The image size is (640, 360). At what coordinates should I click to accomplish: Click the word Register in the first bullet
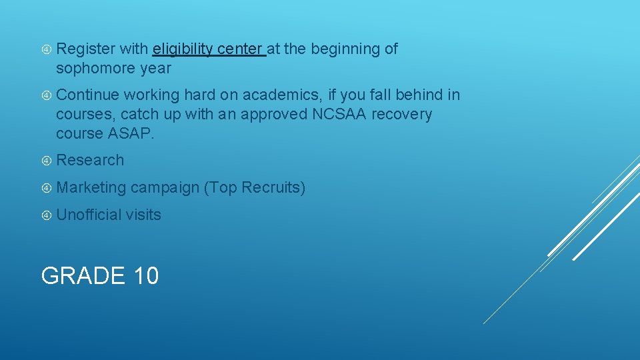(x=85, y=49)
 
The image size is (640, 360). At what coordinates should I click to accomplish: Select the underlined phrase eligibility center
(x=209, y=49)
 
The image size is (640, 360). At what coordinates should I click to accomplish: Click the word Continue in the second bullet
(x=87, y=95)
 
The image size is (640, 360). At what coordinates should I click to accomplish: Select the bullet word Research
(x=90, y=160)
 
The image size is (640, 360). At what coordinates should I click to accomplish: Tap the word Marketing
(x=91, y=188)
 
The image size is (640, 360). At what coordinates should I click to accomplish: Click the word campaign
(x=165, y=188)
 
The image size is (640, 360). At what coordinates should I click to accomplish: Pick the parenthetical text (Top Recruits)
(x=255, y=188)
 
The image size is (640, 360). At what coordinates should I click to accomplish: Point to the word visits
(x=143, y=215)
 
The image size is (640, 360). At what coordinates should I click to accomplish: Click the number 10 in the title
(x=145, y=275)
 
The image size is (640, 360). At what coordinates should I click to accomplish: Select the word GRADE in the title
(x=83, y=275)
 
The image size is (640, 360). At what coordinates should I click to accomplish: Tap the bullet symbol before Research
(x=47, y=161)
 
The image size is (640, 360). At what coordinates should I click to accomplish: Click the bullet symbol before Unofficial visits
(x=47, y=215)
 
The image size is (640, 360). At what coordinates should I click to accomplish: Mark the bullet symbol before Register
(x=47, y=49)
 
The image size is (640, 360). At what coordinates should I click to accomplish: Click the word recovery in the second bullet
(x=401, y=114)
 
